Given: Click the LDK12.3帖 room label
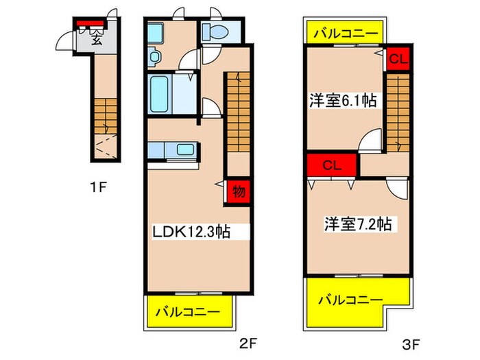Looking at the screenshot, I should pos(191,232).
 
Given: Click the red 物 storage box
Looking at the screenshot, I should pos(237,192).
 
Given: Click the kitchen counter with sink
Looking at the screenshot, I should pos(172,150).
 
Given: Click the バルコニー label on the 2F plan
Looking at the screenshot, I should pos(187,312).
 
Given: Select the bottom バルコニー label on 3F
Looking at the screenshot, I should pos(351,300).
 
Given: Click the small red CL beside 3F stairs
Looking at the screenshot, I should pos(398,59).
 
